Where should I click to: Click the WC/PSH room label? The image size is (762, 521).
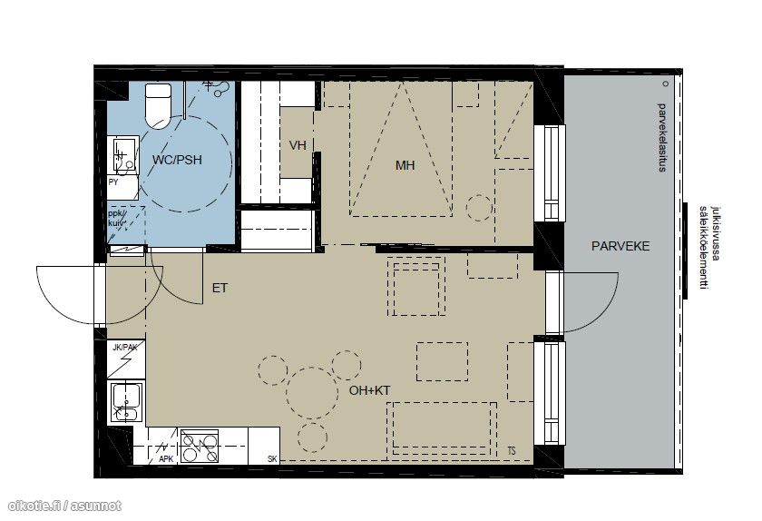click(x=176, y=160)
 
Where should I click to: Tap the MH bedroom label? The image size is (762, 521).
click(x=405, y=165)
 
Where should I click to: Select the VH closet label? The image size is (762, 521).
click(x=298, y=145)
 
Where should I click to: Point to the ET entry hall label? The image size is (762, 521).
click(x=220, y=288)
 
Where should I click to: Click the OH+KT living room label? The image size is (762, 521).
click(x=369, y=390)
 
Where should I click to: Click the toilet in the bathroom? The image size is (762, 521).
click(x=158, y=105)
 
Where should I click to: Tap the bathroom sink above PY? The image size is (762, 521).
click(x=125, y=155)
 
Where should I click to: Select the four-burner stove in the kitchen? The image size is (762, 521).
click(x=200, y=446)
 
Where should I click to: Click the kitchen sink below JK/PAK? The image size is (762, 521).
click(x=126, y=402)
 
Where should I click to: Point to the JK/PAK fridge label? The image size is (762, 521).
click(x=125, y=348)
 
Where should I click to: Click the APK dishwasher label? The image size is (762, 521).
click(x=166, y=459)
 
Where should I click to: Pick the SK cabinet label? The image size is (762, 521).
click(x=272, y=459)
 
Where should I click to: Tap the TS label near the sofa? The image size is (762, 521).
click(x=512, y=451)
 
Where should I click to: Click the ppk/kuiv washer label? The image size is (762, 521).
click(x=117, y=218)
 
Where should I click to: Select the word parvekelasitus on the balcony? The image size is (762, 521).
click(x=661, y=138)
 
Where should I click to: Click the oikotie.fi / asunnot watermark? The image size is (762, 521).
click(x=64, y=506)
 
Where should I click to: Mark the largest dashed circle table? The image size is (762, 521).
click(x=312, y=393)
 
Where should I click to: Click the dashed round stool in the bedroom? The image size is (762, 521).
click(x=479, y=208)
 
